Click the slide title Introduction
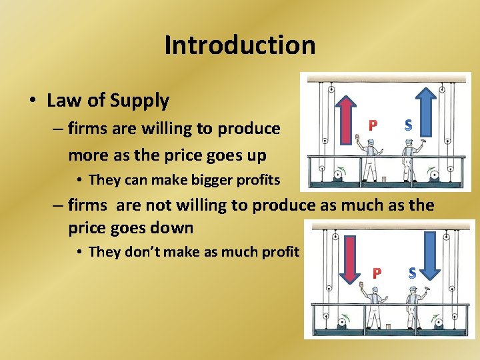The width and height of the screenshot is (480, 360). click(x=240, y=45)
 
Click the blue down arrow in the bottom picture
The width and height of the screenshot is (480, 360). click(x=429, y=253)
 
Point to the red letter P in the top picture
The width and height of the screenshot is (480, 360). click(x=373, y=125)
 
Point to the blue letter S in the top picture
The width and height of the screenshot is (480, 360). click(x=408, y=125)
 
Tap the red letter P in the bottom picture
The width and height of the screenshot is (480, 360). click(x=377, y=273)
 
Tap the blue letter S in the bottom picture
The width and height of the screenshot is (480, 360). click(x=412, y=273)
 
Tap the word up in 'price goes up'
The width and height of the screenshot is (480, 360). click(x=256, y=155)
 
